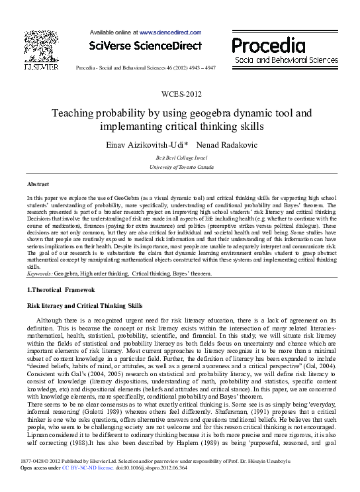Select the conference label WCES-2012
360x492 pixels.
click(180, 94)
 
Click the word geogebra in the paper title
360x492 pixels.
click(189, 113)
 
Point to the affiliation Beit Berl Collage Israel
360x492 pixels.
click(180, 158)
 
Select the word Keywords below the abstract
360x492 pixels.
click(39, 272)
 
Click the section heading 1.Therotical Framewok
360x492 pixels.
click(61, 290)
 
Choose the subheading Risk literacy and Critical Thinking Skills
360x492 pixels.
click(84, 307)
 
